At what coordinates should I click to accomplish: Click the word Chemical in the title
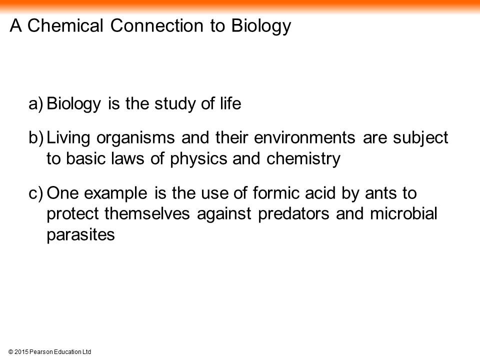coord(65,25)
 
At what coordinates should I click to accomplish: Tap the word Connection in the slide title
coord(156,25)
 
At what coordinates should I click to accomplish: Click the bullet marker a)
coord(36,104)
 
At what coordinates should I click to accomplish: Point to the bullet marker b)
coord(36,138)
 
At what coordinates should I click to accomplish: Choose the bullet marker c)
coord(36,193)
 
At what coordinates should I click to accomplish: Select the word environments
coord(304,137)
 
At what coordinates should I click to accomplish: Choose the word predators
coord(293,214)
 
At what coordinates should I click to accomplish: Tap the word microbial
coord(403,213)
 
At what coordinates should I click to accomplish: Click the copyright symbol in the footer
coord(11,352)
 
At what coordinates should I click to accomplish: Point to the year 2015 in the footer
coord(21,352)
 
